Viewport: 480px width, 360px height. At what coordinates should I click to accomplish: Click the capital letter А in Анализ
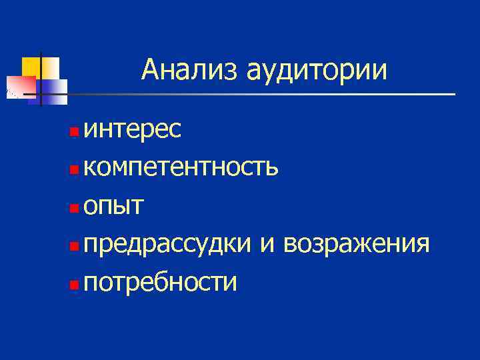(x=149, y=70)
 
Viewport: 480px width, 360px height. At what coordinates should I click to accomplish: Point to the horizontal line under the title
(x=267, y=94)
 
